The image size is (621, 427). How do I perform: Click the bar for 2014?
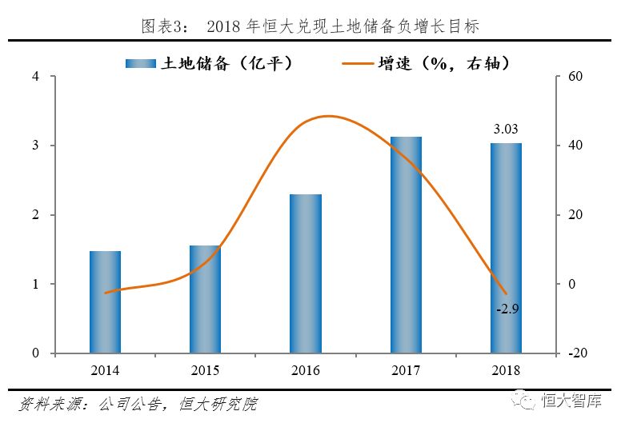click(105, 302)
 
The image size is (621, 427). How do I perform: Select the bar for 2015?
click(205, 299)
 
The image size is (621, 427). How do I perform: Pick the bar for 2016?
click(306, 273)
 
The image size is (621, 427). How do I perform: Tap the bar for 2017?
click(406, 245)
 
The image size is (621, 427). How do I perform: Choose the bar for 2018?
click(506, 248)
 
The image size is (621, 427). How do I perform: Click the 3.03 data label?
click(506, 129)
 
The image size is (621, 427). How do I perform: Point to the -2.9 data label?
click(507, 308)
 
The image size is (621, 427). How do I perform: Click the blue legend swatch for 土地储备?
click(143, 63)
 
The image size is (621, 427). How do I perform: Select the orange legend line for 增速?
click(359, 63)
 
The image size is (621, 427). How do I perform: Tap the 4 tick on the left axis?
click(36, 77)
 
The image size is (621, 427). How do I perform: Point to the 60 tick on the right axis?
click(572, 77)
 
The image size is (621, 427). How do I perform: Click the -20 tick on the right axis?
click(575, 353)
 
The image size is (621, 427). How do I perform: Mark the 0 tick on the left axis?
click(36, 353)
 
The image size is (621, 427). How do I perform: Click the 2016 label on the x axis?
click(306, 370)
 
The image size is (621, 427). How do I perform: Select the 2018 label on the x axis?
click(506, 370)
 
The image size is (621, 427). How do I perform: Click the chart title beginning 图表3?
click(310, 26)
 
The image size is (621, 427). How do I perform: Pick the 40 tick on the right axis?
click(572, 146)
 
